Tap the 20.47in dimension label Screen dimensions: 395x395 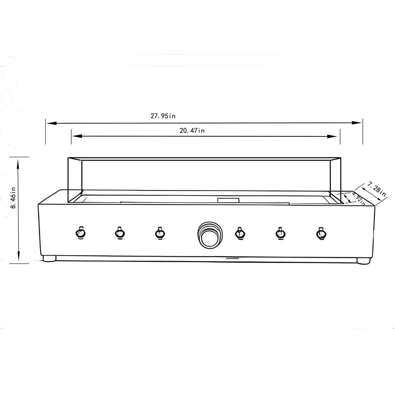192,131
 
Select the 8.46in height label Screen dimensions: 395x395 13,197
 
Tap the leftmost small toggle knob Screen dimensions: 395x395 80,233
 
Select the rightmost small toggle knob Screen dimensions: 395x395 321,233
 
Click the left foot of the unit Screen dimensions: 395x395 49,259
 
